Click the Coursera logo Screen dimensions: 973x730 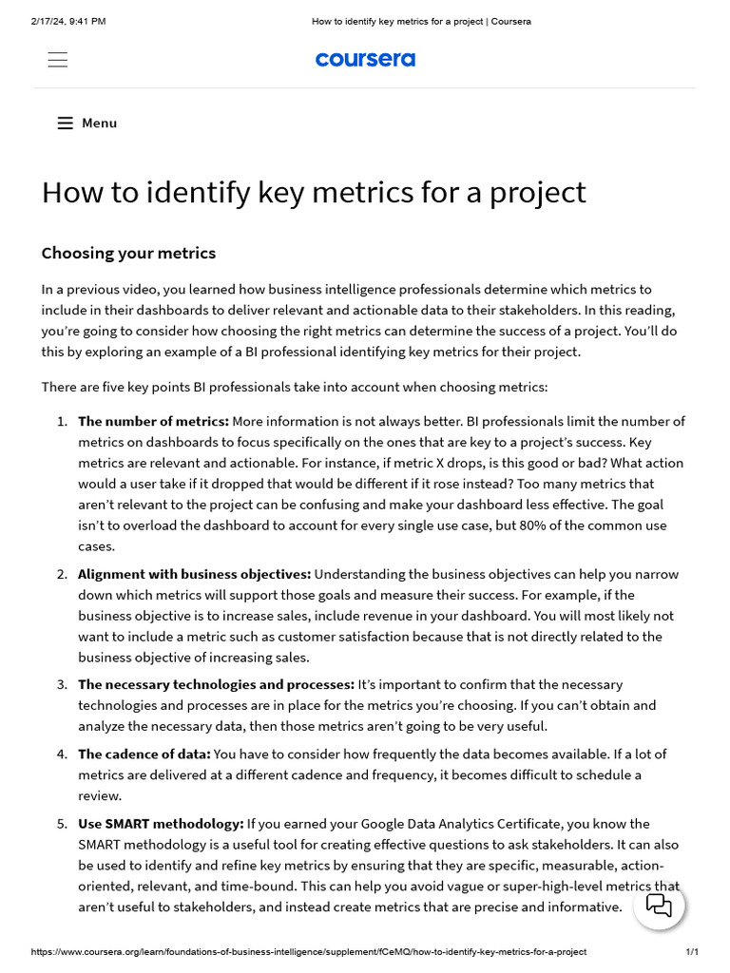coord(365,59)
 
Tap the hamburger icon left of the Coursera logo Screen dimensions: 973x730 coord(58,59)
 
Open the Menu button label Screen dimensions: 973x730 coord(99,123)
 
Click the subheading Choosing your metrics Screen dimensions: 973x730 coord(128,253)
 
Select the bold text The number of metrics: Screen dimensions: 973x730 coord(153,421)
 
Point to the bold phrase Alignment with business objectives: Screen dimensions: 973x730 coord(194,574)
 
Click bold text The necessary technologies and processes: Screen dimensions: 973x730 coord(216,684)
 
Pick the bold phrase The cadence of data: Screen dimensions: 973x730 coord(144,754)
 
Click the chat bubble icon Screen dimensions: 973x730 coord(659,905)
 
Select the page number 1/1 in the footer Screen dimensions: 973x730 coord(692,952)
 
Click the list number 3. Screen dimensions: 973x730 coord(61,684)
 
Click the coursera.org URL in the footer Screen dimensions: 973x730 coord(309,952)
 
